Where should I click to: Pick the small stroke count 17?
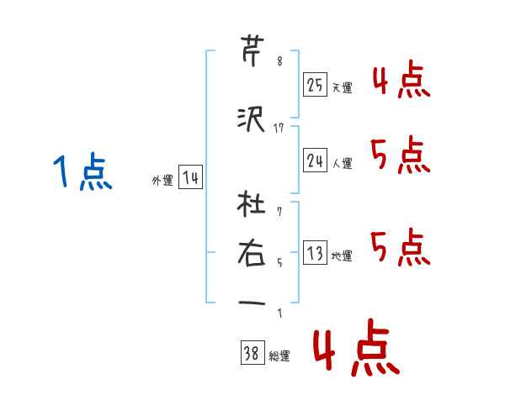click(279, 128)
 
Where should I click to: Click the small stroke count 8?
click(279, 61)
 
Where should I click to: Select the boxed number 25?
click(315, 84)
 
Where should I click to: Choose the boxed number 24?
click(315, 160)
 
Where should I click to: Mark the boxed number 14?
click(189, 178)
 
